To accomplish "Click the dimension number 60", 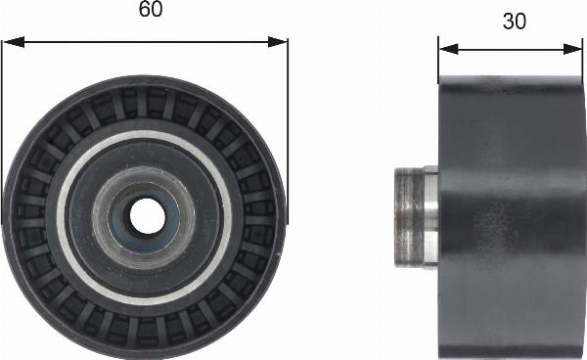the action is pyautogui.click(x=151, y=10).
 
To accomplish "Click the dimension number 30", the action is pyautogui.click(x=515, y=21).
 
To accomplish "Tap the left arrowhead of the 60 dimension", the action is pyautogui.click(x=13, y=42).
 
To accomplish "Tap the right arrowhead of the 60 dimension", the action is pyautogui.click(x=278, y=42).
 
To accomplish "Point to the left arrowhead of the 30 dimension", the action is pyautogui.click(x=448, y=49).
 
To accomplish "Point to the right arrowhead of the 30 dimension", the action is pyautogui.click(x=572, y=49).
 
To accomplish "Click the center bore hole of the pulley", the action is pyautogui.click(x=147, y=216).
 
